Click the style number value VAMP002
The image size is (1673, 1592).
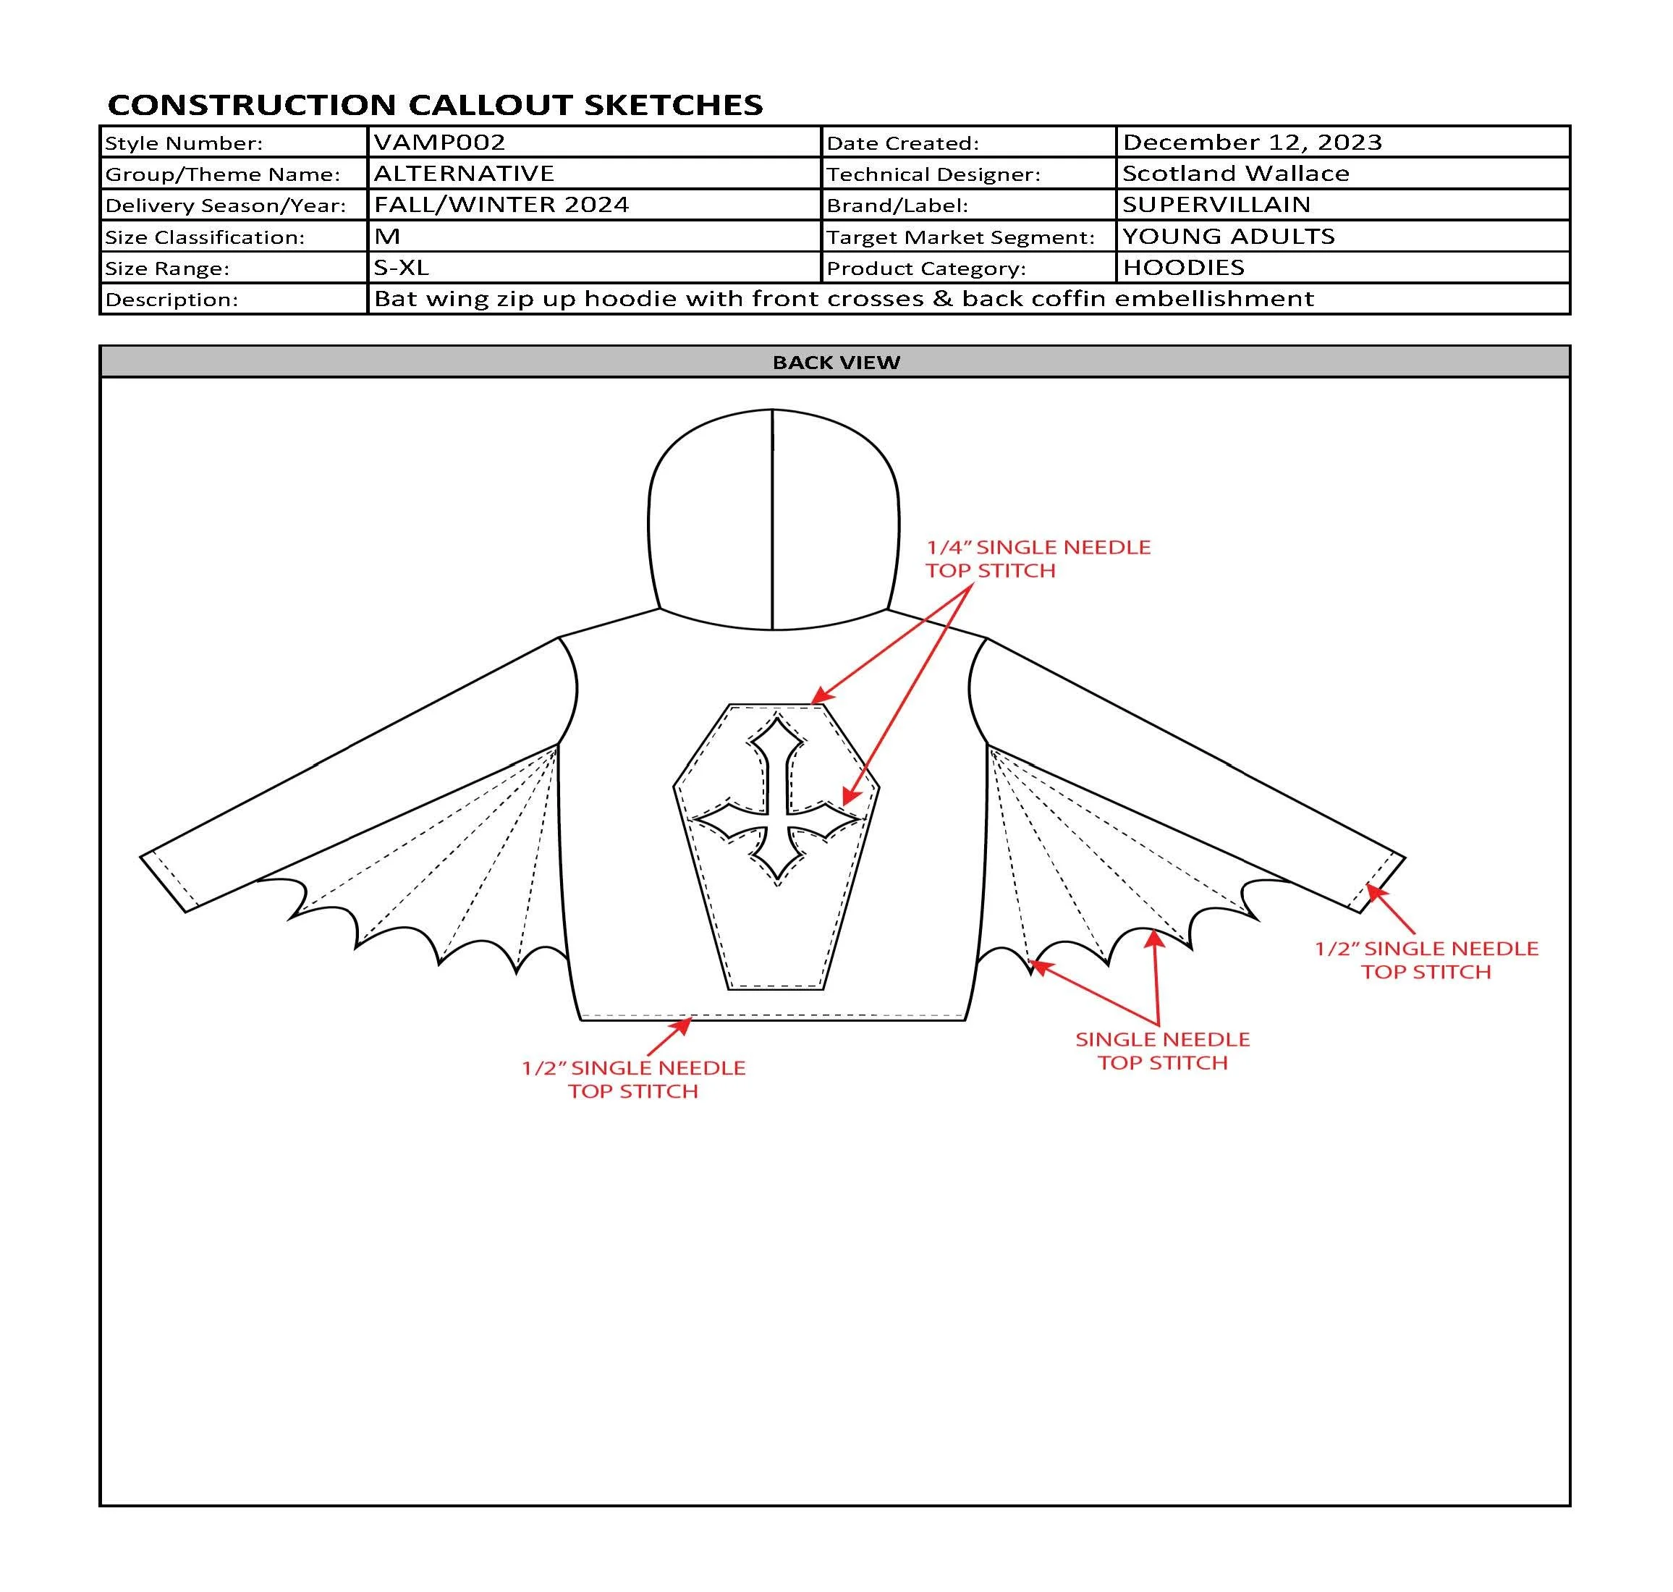click(x=439, y=142)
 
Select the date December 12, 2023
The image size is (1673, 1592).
click(x=1251, y=142)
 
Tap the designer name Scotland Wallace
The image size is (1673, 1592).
click(x=1235, y=173)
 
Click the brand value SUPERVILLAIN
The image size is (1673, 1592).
click(x=1216, y=205)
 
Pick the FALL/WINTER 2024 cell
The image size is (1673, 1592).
click(x=501, y=205)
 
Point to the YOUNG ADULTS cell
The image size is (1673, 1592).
click(x=1229, y=236)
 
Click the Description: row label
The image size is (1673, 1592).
click(x=171, y=300)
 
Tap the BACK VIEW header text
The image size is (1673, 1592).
click(x=836, y=363)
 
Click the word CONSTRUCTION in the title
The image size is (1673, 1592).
click(x=252, y=104)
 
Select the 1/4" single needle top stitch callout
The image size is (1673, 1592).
click(x=1037, y=559)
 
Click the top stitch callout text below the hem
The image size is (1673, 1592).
click(x=633, y=1079)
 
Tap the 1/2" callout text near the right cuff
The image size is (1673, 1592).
click(x=1426, y=960)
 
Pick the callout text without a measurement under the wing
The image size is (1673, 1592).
click(x=1162, y=1051)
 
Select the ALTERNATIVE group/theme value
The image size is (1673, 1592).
click(x=464, y=173)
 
